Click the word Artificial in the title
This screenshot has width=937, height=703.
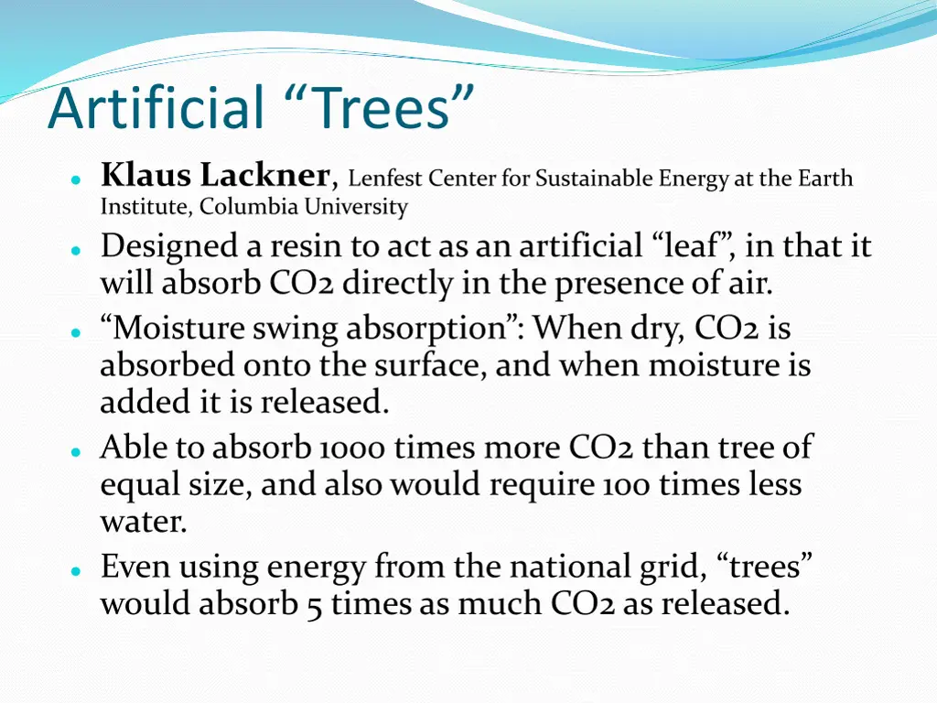(156, 107)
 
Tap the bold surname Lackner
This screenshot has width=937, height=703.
(266, 174)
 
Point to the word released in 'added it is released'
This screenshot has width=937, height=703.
(325, 402)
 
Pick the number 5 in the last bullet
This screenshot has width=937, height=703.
(314, 605)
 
